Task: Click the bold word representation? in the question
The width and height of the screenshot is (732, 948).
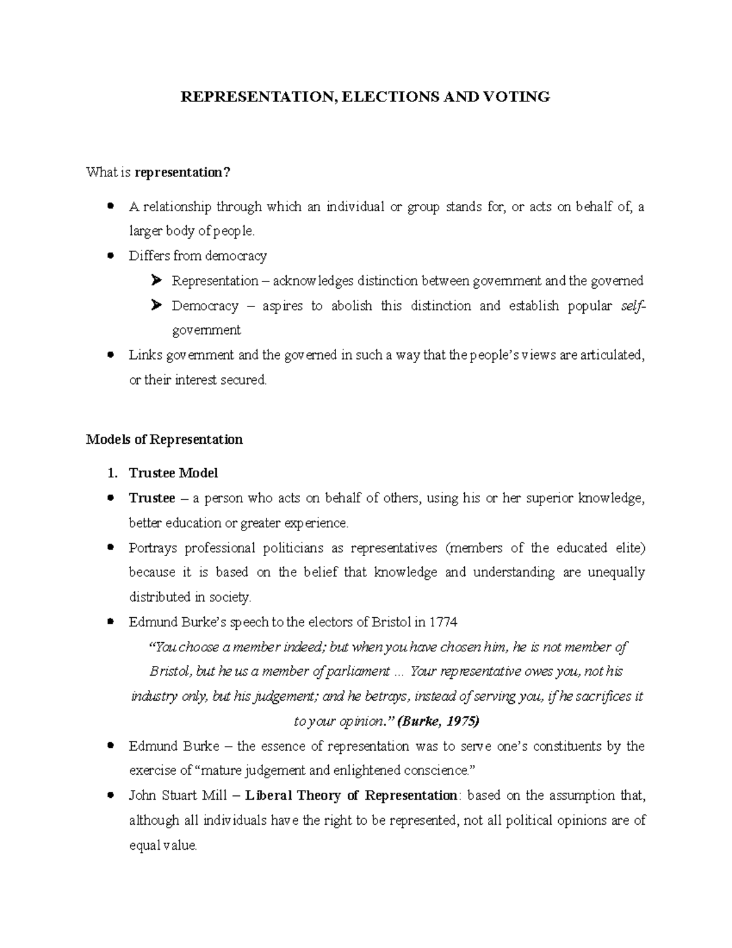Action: (x=182, y=173)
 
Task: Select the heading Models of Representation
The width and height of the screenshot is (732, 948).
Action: (x=164, y=440)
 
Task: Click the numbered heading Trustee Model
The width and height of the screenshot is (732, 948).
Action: (x=173, y=473)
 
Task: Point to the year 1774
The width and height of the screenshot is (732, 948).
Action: (x=443, y=622)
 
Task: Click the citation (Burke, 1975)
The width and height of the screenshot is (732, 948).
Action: (x=438, y=721)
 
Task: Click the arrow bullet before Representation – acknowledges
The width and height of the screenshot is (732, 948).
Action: (x=156, y=281)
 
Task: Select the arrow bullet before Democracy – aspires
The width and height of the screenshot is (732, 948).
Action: (x=156, y=305)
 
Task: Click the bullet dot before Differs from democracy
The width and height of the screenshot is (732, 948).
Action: (x=110, y=256)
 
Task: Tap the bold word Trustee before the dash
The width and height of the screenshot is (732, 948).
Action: (x=152, y=498)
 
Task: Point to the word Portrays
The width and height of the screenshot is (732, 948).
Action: (x=152, y=548)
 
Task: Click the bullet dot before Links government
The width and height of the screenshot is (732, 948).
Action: (x=110, y=355)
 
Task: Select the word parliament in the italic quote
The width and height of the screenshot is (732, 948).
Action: (x=359, y=671)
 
